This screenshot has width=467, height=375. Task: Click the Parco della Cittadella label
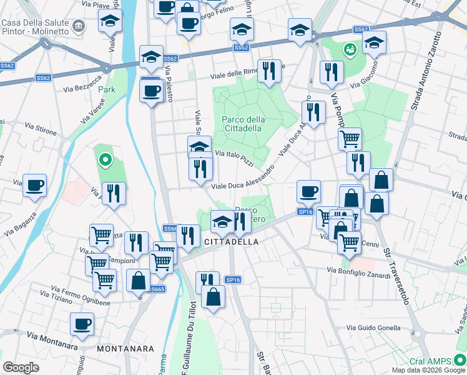(x=243, y=124)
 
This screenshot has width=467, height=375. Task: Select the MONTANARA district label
(x=122, y=347)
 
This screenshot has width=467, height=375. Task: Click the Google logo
(x=21, y=367)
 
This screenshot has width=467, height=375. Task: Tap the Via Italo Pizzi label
(x=234, y=157)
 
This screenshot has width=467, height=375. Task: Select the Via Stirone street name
(x=41, y=129)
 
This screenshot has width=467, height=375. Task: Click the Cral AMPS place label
(x=431, y=361)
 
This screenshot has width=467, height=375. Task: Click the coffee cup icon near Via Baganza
(x=35, y=185)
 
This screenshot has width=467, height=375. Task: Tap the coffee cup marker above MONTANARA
(x=82, y=324)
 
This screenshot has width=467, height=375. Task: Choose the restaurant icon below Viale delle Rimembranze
(x=270, y=71)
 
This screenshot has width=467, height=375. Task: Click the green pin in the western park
(x=106, y=161)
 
